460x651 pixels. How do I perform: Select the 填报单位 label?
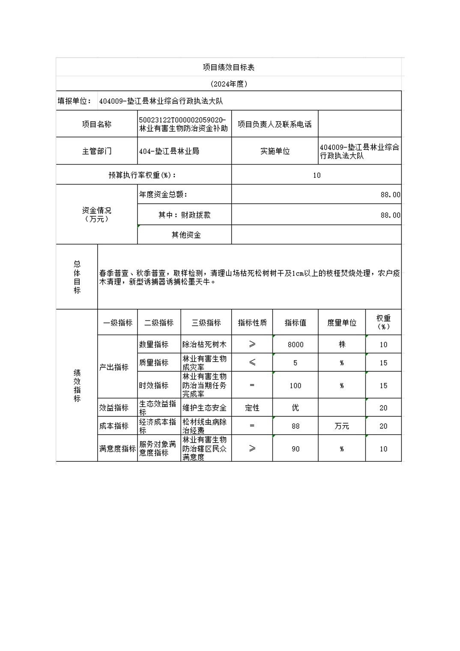[75, 101]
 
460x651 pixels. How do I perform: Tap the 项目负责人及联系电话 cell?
[275, 124]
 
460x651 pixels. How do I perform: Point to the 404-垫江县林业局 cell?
[169, 151]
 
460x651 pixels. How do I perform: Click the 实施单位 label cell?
[275, 151]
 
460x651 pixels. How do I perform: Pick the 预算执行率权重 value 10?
[317, 175]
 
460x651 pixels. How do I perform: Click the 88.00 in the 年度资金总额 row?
[390, 194]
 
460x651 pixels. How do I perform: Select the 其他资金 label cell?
[186, 235]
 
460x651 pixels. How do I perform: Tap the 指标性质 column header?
[252, 323]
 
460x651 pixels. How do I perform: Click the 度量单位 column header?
[341, 323]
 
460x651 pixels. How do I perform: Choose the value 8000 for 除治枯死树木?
[295, 344]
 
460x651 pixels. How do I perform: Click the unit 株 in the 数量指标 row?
[341, 344]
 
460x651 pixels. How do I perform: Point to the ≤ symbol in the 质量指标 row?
[252, 363]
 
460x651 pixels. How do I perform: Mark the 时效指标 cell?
[154, 385]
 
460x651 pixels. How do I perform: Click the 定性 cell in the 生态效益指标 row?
[252, 408]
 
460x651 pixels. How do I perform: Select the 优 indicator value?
[295, 408]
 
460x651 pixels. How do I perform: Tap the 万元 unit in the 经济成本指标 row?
[341, 426]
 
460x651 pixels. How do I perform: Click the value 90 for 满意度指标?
[295, 449]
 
